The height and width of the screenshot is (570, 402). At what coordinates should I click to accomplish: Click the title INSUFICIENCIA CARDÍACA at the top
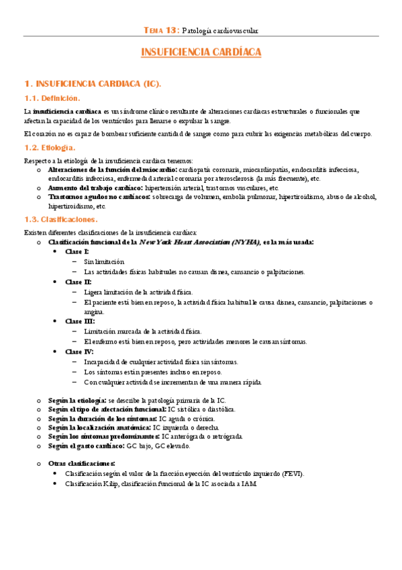[201, 52]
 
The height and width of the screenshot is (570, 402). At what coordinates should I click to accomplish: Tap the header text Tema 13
[162, 30]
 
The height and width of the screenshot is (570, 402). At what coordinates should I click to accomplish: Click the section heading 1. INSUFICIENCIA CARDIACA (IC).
[92, 84]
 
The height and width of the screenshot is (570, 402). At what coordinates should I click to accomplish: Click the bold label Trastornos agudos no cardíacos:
[99, 198]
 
